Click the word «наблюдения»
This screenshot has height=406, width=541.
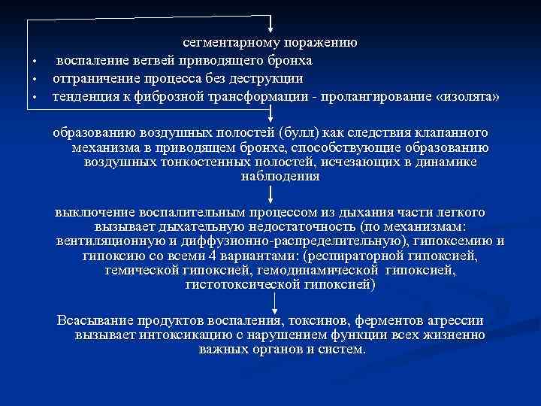[x=280, y=177]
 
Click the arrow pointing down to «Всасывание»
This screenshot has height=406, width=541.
[x=270, y=303]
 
